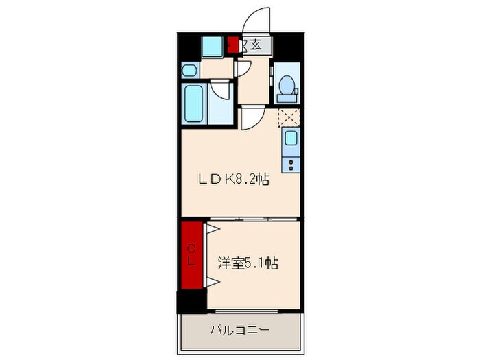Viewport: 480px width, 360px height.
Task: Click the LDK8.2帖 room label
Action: tap(233, 180)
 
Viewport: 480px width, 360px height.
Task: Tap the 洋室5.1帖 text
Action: tap(248, 262)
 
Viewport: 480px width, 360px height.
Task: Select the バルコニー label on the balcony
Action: tap(239, 330)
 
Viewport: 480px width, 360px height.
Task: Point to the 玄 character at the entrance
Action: tap(256, 45)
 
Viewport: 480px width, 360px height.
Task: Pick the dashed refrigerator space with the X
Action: tap(288, 117)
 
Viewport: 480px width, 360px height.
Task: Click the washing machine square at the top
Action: tap(212, 46)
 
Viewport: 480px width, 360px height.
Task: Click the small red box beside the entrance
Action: tap(233, 45)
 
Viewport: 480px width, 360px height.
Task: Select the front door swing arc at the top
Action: tap(258, 19)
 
